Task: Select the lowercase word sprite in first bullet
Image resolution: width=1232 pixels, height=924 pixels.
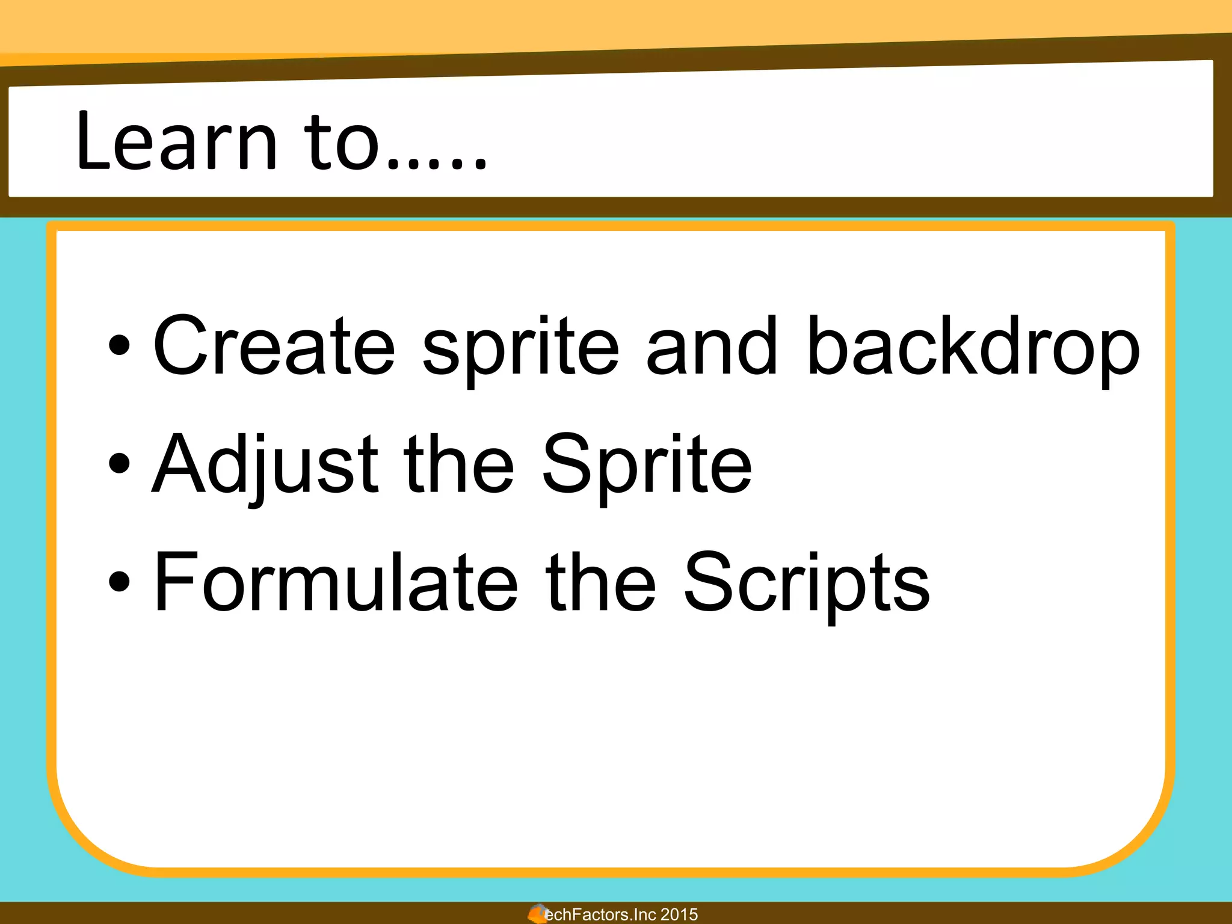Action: pyautogui.click(x=520, y=349)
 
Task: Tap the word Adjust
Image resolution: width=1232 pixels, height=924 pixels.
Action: pyautogui.click(x=265, y=464)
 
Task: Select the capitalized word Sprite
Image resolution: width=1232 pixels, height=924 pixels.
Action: pyautogui.click(x=647, y=464)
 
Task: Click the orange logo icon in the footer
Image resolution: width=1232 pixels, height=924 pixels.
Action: pyautogui.click(x=537, y=913)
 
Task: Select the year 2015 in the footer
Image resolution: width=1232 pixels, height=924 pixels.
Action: pyautogui.click(x=679, y=914)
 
